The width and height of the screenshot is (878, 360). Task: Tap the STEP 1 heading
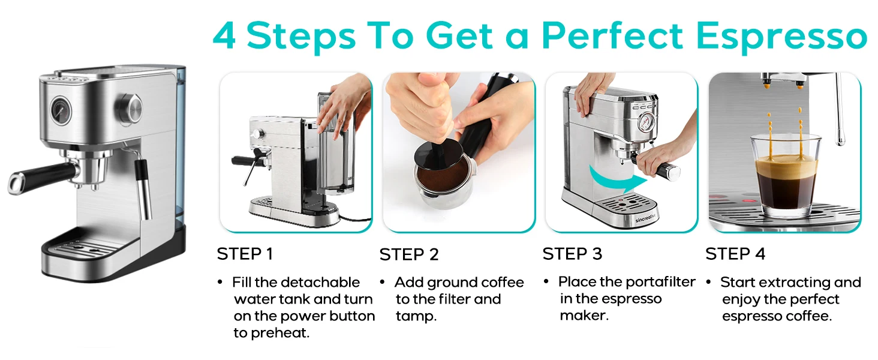(245, 254)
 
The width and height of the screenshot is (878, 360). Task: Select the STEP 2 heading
(409, 254)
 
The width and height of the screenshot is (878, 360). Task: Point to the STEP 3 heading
(572, 254)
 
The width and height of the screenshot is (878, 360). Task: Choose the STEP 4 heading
(735, 254)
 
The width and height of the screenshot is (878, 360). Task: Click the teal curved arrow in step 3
(617, 181)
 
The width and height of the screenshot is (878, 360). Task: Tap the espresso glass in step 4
(786, 176)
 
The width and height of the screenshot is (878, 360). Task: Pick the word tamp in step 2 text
(416, 316)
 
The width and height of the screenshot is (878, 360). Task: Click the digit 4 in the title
(224, 35)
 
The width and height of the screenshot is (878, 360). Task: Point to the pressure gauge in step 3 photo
(645, 123)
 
